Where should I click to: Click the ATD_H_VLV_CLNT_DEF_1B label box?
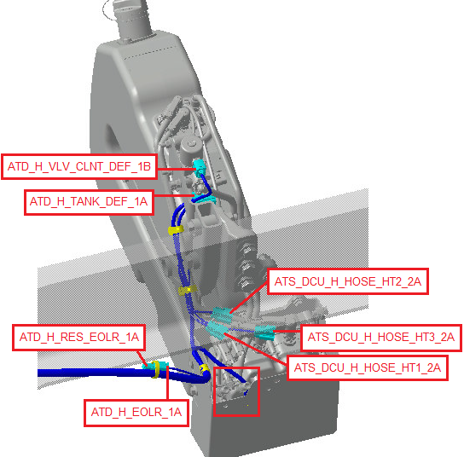(x=79, y=166)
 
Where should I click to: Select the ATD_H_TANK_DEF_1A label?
(x=89, y=202)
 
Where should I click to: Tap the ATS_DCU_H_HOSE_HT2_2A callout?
(x=348, y=281)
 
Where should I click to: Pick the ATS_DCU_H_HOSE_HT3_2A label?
(x=381, y=337)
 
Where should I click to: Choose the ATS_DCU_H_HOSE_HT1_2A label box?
(x=368, y=367)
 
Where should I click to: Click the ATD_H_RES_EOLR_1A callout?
(x=79, y=338)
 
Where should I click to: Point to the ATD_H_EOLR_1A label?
(x=136, y=413)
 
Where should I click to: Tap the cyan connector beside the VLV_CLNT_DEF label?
(x=199, y=167)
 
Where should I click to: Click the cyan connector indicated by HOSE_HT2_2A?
(x=222, y=314)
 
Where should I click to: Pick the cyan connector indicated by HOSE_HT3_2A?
(x=265, y=333)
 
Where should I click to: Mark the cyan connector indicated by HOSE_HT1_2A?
(x=217, y=330)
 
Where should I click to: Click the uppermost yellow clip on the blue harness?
(x=176, y=230)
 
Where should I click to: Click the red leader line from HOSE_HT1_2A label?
(x=256, y=349)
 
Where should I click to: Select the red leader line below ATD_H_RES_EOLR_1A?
(x=142, y=358)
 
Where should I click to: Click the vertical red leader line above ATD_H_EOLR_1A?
(x=168, y=383)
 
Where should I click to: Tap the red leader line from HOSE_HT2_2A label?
(x=248, y=297)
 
